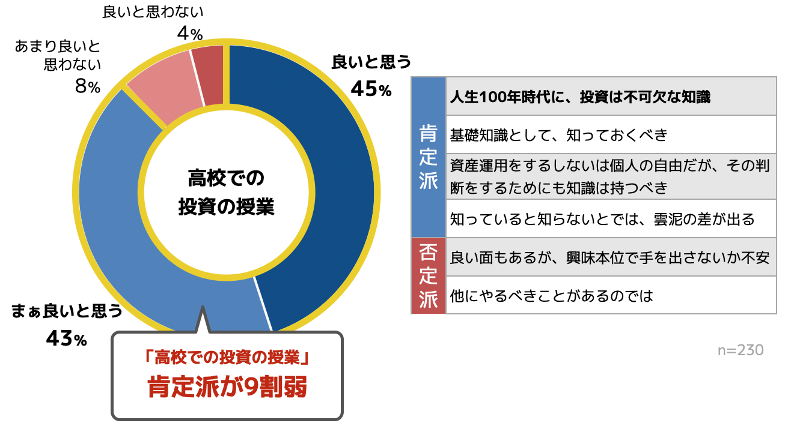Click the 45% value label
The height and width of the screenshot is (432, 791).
tap(371, 90)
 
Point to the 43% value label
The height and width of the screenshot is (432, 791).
tap(67, 339)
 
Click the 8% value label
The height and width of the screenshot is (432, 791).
tap(87, 87)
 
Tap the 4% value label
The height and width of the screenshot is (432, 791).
tap(189, 34)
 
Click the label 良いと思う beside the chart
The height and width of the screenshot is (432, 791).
tap(371, 62)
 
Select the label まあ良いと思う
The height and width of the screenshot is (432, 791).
tap(67, 311)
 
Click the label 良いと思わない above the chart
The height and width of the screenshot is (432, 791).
tap(153, 11)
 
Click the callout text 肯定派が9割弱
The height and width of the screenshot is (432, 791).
tap(227, 388)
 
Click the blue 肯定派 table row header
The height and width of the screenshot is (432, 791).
tap(428, 157)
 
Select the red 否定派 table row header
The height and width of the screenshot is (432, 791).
tap(428, 276)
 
